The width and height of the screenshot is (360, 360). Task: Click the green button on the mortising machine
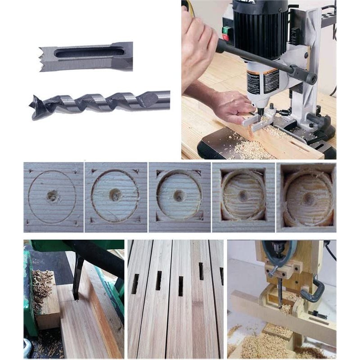pos(226,30)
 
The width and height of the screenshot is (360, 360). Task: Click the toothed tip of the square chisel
pos(43,59)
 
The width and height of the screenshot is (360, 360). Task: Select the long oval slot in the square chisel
pos(90,53)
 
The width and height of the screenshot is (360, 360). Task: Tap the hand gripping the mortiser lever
pos(198,40)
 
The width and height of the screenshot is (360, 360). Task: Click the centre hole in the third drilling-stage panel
pos(179,196)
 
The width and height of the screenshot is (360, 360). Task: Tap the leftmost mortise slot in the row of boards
pos(135,283)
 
